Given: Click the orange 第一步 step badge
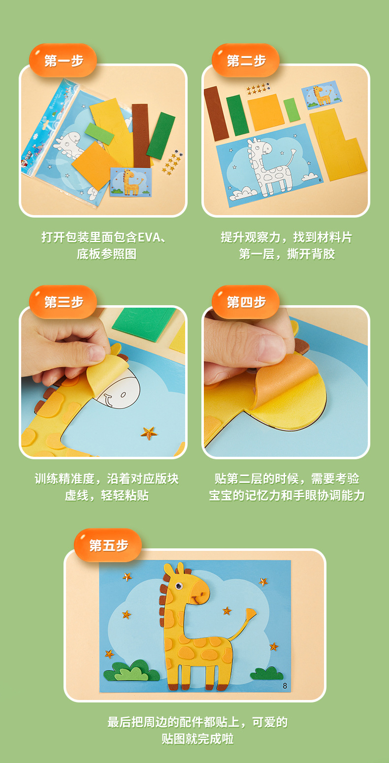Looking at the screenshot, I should click(63, 61).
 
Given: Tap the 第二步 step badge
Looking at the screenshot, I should click(246, 61).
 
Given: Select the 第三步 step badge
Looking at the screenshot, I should click(63, 302).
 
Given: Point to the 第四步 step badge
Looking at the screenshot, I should click(246, 302).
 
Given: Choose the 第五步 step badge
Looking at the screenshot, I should click(108, 545).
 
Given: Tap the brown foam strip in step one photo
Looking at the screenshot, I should click(141, 135).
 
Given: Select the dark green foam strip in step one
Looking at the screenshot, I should click(161, 136).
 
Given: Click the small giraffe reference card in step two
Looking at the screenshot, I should click(322, 95).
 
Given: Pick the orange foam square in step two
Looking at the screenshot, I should click(265, 112).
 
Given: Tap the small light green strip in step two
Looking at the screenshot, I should click(292, 109).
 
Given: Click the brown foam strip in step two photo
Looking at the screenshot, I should click(216, 113).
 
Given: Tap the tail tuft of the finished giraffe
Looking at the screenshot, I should click(251, 614).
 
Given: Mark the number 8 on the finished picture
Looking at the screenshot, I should click(285, 685).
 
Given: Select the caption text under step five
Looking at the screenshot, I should click(197, 730).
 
